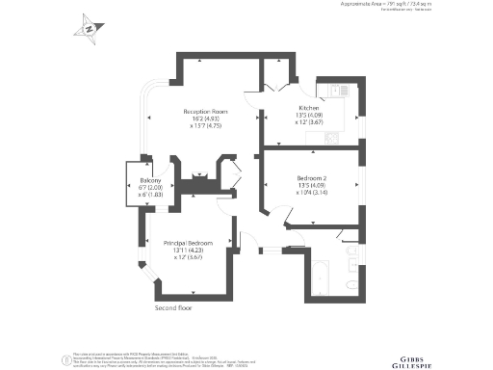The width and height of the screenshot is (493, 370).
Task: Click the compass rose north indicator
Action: (90, 28)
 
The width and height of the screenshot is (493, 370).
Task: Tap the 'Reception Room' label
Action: (203, 111)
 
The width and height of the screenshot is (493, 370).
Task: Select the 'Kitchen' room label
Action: (309, 108)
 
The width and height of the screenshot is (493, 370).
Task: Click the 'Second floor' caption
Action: (174, 308)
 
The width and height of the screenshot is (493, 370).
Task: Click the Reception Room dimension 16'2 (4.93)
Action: (203, 119)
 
